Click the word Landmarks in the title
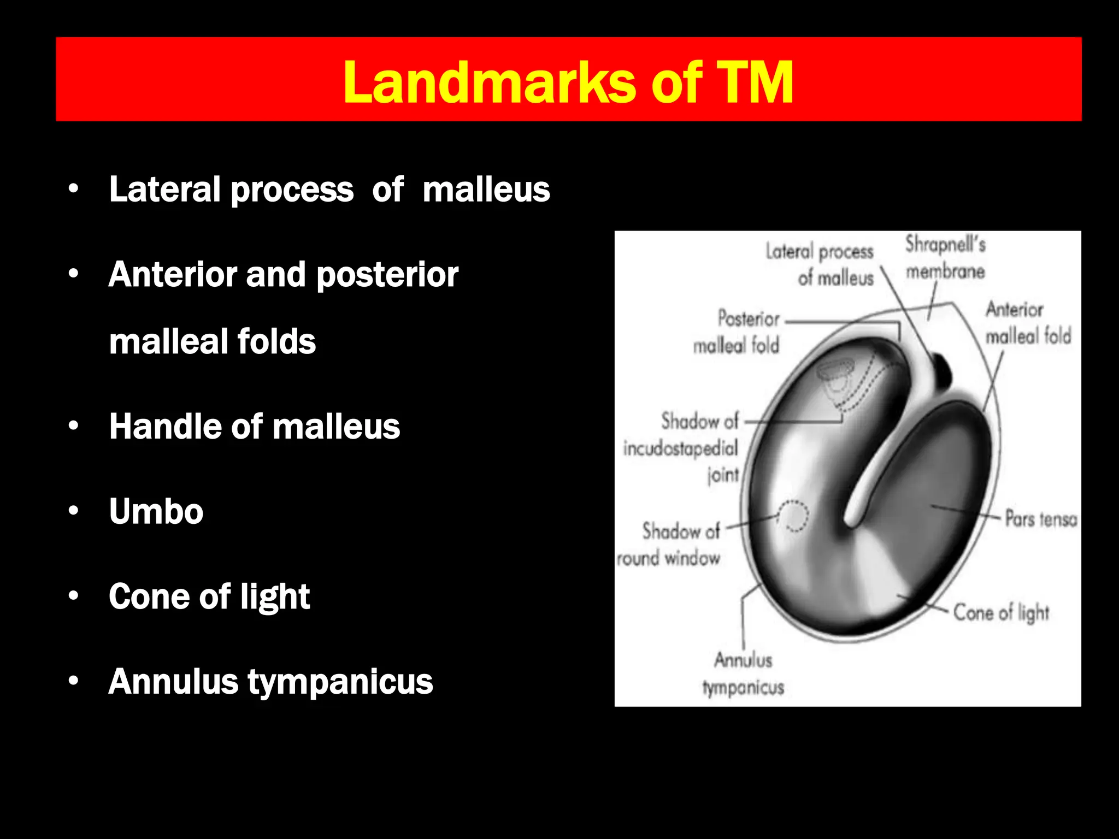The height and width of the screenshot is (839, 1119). coord(489,82)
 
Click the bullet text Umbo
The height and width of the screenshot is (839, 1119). coord(156,511)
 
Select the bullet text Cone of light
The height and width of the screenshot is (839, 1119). coord(209,596)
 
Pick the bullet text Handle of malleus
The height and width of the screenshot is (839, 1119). coord(255,426)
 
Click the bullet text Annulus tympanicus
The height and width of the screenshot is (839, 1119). coord(270,682)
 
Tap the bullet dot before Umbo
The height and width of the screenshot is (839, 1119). coord(74,511)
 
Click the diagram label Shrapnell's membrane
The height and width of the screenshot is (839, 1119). coord(945,257)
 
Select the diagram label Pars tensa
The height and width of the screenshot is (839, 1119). coord(1041,518)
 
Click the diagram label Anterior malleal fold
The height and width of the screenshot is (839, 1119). coord(1027,323)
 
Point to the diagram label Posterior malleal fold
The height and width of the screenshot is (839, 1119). coord(737,332)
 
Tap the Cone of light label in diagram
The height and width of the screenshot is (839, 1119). coord(1001,612)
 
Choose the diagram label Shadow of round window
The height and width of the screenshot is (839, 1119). coord(669,545)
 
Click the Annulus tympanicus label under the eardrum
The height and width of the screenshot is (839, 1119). coord(743,673)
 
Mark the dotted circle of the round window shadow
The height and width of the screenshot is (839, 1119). coord(793,516)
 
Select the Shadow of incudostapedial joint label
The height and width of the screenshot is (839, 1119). coord(682,448)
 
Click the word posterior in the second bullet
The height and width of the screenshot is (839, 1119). coord(387,274)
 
